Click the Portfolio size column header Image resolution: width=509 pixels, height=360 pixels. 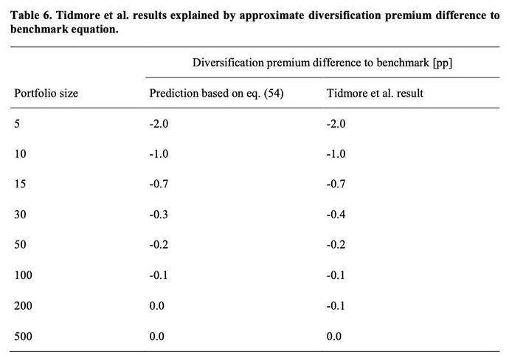click(x=46, y=94)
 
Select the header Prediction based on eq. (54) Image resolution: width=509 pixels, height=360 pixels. click(x=217, y=94)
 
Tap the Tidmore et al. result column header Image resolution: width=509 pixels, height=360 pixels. click(x=375, y=93)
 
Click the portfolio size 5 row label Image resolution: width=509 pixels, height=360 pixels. click(x=17, y=124)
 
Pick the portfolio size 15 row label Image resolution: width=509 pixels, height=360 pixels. click(x=20, y=184)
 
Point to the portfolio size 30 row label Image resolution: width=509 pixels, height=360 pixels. click(x=20, y=214)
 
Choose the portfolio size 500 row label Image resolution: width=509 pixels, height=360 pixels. click(x=23, y=336)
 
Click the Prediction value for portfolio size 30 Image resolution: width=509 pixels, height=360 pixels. click(x=159, y=214)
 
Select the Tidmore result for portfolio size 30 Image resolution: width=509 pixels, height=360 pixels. click(x=336, y=214)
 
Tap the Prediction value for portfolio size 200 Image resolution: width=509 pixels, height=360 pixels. click(x=157, y=306)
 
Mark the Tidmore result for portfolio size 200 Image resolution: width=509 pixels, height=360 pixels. click(x=336, y=306)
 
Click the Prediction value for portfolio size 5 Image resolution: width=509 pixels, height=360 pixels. click(x=159, y=124)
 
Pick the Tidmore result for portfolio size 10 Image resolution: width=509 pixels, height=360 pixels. click(x=336, y=154)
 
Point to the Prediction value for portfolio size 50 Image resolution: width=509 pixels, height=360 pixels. click(x=159, y=244)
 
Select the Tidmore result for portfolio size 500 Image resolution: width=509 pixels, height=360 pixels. click(x=334, y=336)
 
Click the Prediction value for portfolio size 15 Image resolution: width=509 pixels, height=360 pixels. click(x=159, y=184)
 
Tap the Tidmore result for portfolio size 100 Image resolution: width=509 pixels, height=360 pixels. click(x=336, y=275)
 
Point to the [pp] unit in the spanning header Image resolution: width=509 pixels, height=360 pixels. click(x=443, y=62)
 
